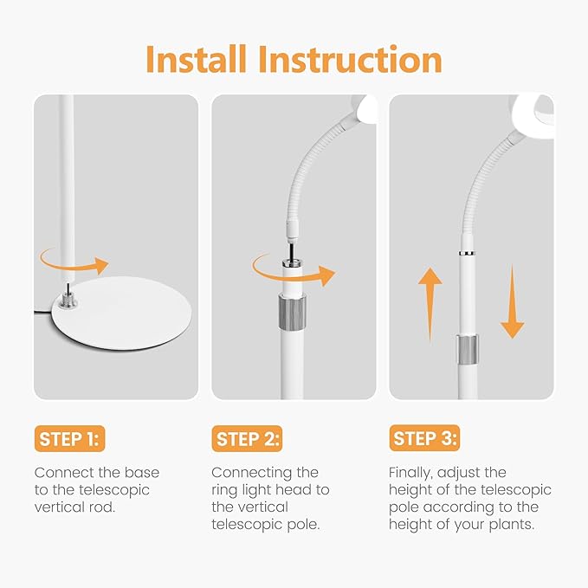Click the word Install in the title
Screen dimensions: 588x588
(196, 59)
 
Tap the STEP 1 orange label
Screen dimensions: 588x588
(70, 438)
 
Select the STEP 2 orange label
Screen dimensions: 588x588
(247, 438)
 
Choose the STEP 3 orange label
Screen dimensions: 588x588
(424, 438)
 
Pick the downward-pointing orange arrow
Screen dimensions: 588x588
(513, 302)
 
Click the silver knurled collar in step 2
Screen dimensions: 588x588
(292, 313)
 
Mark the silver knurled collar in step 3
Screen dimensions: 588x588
(468, 350)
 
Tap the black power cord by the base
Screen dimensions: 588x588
(44, 312)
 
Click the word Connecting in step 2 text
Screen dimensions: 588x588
(252, 473)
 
